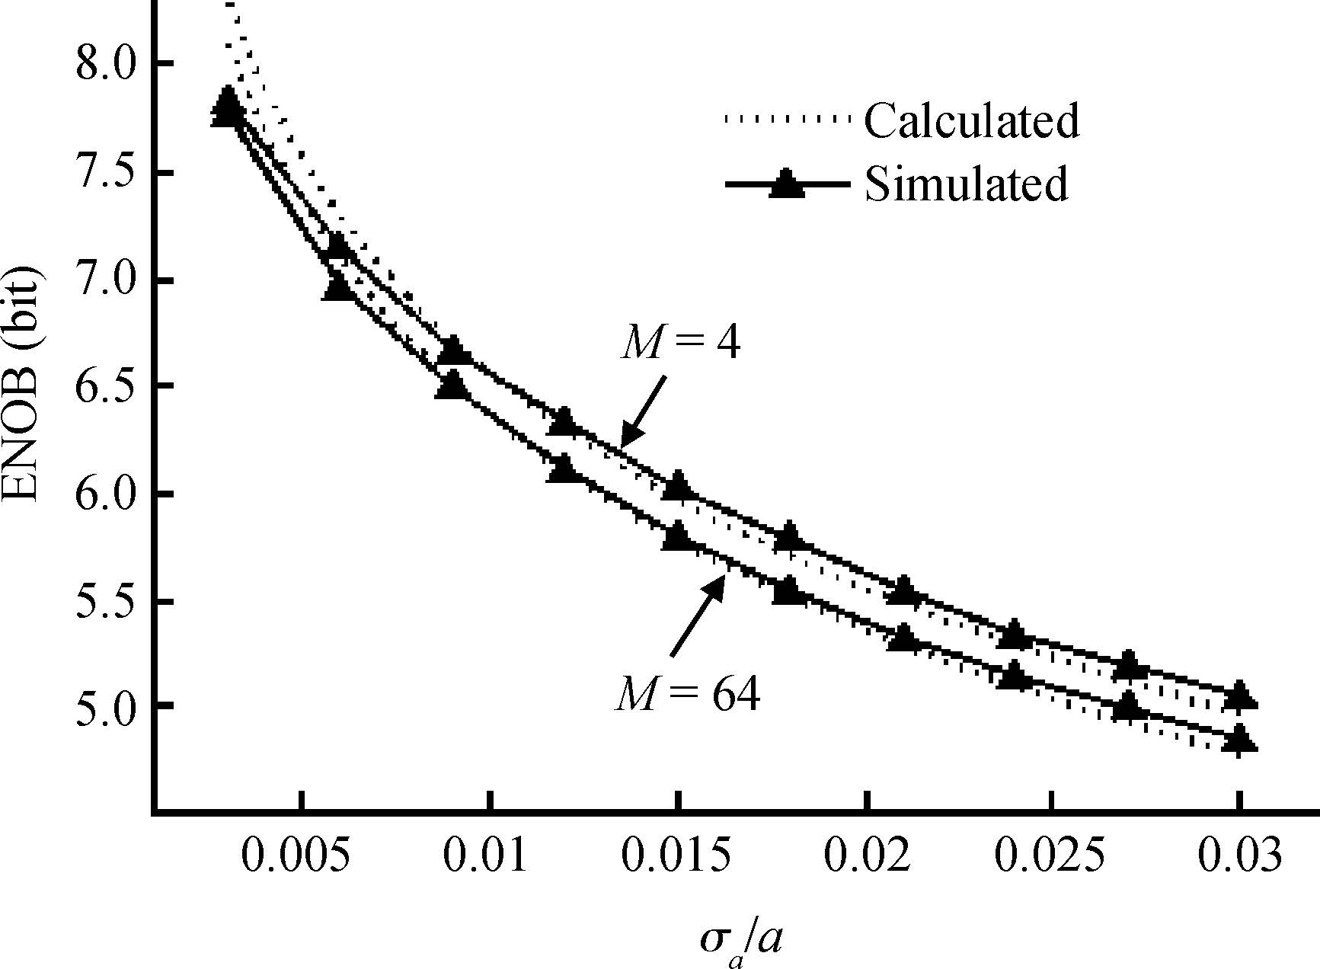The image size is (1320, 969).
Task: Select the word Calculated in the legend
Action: click(971, 120)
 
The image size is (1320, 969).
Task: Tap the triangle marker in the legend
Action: click(786, 185)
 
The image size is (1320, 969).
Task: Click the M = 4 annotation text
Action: click(680, 344)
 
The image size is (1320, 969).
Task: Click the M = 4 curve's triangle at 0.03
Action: click(1240, 695)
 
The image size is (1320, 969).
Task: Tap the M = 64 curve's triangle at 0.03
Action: click(1240, 738)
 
